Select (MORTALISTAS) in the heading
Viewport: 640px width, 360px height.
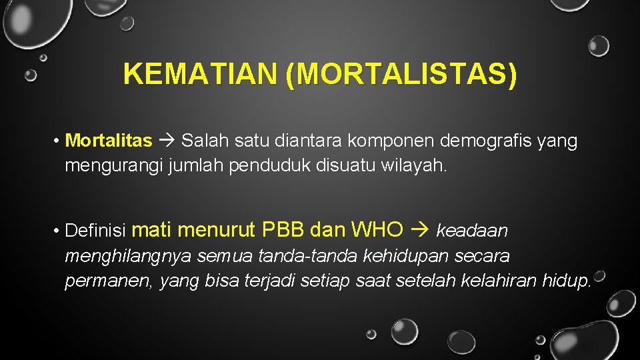point(400,74)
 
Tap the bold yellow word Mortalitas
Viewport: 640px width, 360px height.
point(109,141)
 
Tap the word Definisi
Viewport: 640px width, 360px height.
point(97,231)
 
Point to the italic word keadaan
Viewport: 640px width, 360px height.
point(472,231)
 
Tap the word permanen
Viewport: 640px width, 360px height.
point(110,281)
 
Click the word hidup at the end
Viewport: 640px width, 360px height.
point(567,281)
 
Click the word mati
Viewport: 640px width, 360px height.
point(153,230)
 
